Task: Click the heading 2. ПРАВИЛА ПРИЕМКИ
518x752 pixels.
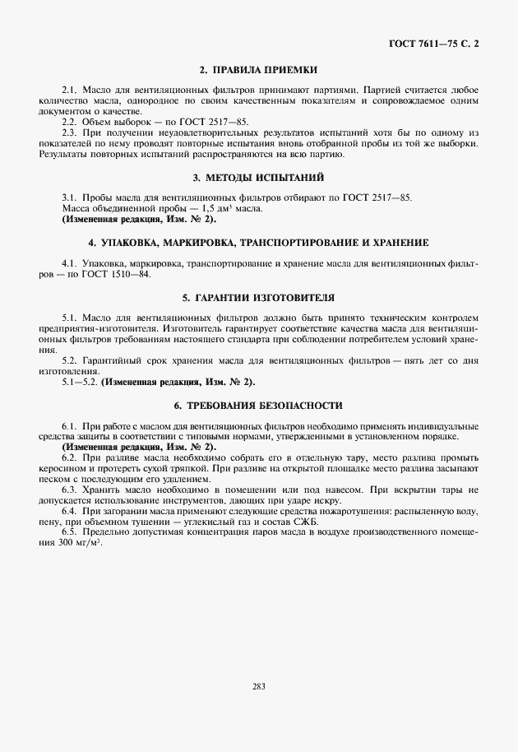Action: (259, 70)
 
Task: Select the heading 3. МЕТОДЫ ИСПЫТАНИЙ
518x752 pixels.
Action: (259, 177)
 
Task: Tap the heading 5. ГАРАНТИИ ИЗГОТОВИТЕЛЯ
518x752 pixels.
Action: (259, 296)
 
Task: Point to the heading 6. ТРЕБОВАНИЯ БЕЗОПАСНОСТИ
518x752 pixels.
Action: (259, 406)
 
